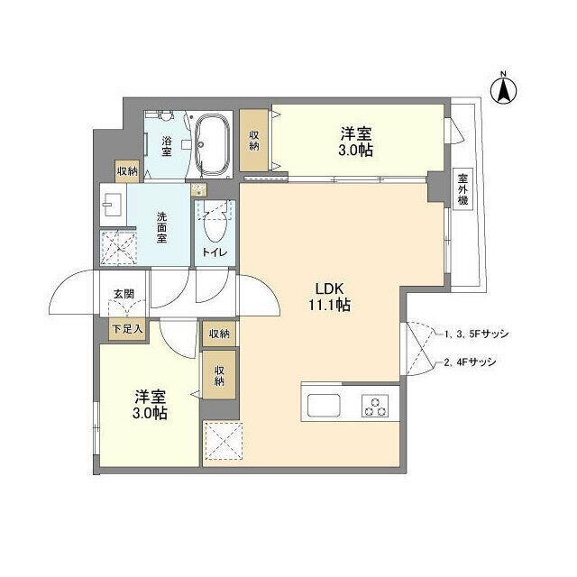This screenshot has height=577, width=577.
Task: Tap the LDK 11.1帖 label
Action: pos(332,297)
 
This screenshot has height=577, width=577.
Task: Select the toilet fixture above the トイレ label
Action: pos(215,222)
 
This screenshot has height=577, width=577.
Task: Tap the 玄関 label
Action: pos(123,294)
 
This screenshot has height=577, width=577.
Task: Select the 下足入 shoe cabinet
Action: pos(126,330)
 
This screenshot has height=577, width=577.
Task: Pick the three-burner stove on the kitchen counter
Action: pos(374,405)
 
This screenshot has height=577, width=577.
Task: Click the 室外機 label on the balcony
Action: pos(462,189)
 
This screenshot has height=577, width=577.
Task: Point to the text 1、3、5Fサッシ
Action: pos(475,334)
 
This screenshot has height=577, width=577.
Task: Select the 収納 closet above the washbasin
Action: pos(126,170)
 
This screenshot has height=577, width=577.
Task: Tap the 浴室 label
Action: pos(167,147)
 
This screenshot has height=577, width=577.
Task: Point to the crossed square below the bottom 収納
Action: pos(220,442)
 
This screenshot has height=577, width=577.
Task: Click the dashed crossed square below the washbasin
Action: pos(117,245)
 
